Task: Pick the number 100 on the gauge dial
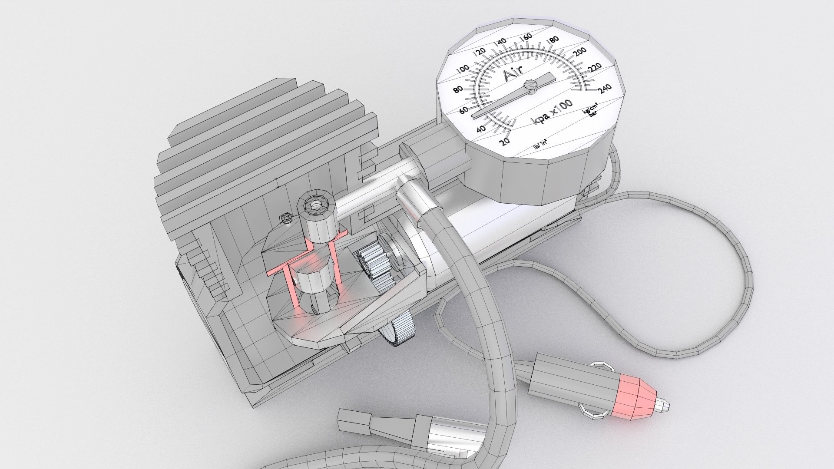[464, 69]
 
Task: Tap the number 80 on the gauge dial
[458, 89]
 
